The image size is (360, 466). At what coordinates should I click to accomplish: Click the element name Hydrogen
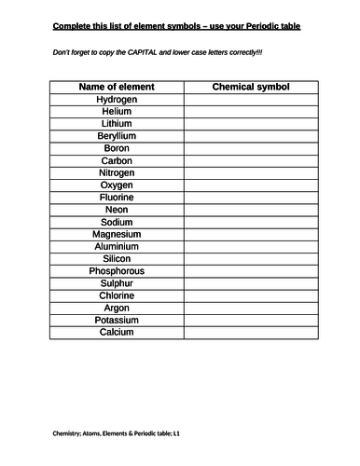(x=117, y=98)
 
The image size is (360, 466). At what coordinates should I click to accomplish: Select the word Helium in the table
(x=117, y=111)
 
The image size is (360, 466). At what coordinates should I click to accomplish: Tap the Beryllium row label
(x=117, y=135)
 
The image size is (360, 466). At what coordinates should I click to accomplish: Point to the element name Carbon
(x=117, y=160)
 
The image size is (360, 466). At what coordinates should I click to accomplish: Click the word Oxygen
(x=117, y=185)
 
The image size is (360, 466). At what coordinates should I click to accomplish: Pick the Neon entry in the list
(x=117, y=210)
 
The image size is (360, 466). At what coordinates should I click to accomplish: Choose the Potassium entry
(x=117, y=321)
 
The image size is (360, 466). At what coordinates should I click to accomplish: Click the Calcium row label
(x=117, y=333)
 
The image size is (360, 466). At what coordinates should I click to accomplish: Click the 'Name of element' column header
(x=117, y=86)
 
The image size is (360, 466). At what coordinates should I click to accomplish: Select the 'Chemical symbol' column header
(x=252, y=86)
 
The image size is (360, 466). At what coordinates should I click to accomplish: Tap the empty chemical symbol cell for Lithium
(x=252, y=123)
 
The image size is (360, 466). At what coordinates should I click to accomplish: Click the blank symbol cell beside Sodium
(x=252, y=222)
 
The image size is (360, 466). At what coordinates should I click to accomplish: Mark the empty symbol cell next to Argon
(x=252, y=308)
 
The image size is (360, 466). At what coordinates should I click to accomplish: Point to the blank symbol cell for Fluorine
(x=252, y=198)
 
